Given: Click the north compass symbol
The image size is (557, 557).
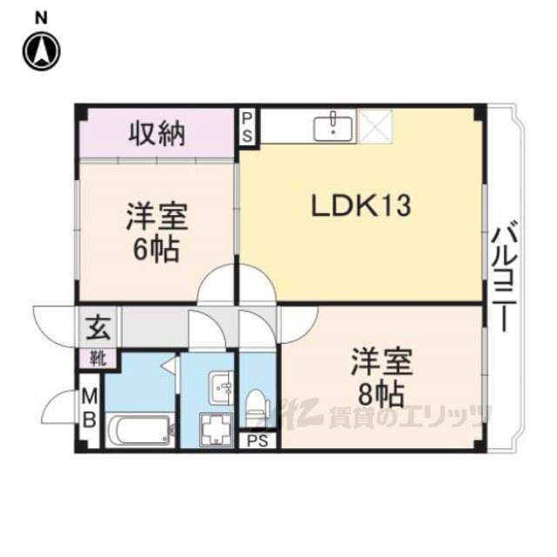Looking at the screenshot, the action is tap(42, 51).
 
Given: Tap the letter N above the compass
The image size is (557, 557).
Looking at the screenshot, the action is tap(42, 18).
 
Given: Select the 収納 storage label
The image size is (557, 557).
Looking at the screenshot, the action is tap(157, 133).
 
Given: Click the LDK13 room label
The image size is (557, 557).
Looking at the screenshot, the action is tap(360, 205).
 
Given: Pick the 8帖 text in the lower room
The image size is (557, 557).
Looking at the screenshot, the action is tap(381, 395).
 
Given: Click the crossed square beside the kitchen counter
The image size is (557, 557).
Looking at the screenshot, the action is tap(375, 126).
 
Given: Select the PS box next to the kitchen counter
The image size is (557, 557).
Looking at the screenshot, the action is tap(248, 126).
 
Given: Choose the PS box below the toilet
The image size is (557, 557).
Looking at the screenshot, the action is tap(258, 440).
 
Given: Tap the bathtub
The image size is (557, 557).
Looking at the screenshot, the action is tap(140, 430).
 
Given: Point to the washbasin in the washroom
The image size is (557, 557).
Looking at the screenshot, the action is tap(221, 387).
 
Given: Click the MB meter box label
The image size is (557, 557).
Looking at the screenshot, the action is tap(90, 408).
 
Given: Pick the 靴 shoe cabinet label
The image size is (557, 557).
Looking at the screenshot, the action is tap(98, 359).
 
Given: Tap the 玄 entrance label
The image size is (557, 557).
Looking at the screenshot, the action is tap(98, 328).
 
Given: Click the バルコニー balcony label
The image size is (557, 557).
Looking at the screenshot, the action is tap(503, 277).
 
